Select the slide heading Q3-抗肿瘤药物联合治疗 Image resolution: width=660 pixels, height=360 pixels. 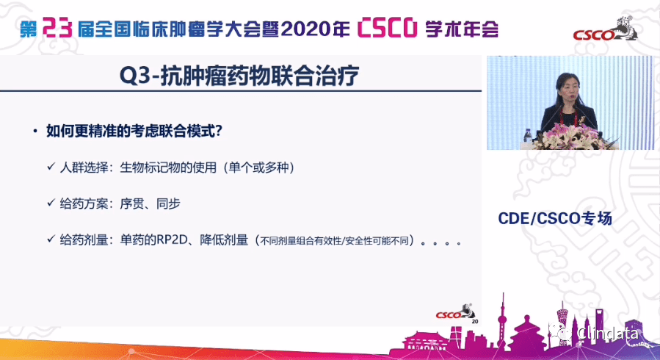point(241,76)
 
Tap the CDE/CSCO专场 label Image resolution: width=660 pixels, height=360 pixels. point(554,218)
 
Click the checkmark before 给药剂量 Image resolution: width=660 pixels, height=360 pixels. point(51,240)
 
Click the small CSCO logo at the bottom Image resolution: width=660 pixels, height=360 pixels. point(449,313)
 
